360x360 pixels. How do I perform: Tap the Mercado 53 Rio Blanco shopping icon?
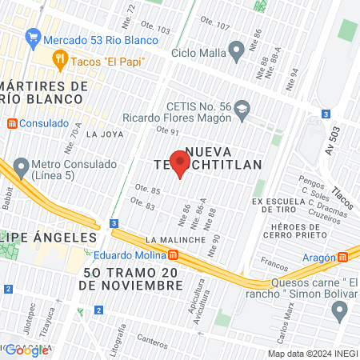pyautogui.click(x=33, y=37)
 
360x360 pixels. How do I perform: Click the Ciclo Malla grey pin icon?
pyautogui.click(x=236, y=54)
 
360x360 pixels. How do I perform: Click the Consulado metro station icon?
pyautogui.click(x=11, y=125)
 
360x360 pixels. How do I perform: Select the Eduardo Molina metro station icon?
pyautogui.click(x=173, y=255)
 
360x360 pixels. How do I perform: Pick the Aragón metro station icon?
pyautogui.click(x=344, y=257)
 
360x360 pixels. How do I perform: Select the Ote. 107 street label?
pyautogui.click(x=217, y=26)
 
